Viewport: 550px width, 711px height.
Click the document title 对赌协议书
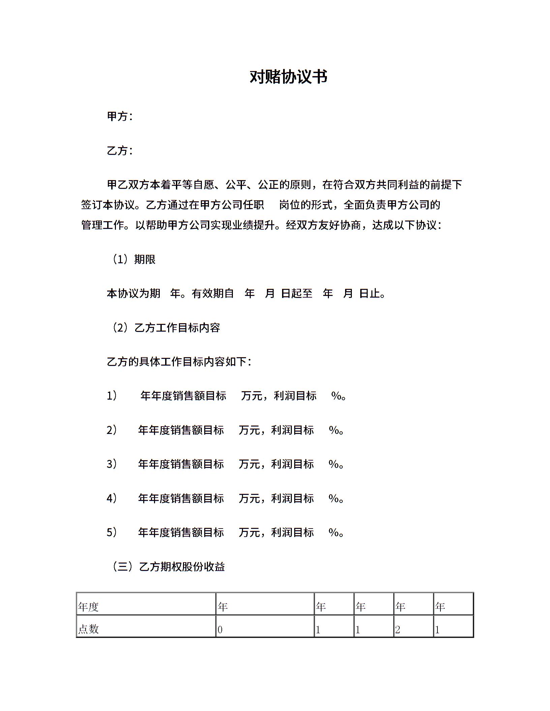288,77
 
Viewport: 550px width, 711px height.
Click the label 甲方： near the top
120,116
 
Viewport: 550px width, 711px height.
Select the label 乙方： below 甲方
120,150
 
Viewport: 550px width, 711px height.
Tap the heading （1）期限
133,259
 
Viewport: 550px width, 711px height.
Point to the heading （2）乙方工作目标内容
166,328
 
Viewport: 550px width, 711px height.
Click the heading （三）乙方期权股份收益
168,567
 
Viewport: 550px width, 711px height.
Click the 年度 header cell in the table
88,607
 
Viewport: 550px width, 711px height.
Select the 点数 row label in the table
88,629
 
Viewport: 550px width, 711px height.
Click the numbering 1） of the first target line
112,396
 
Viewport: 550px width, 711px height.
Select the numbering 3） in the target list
112,464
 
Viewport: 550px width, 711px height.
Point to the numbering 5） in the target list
112,532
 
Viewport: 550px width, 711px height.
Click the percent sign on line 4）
334,498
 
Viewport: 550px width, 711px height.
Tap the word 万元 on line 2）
249,430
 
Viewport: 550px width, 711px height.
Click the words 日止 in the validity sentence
370,294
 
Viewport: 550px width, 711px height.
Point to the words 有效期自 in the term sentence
213,294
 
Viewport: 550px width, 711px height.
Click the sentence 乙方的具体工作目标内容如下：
179,362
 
